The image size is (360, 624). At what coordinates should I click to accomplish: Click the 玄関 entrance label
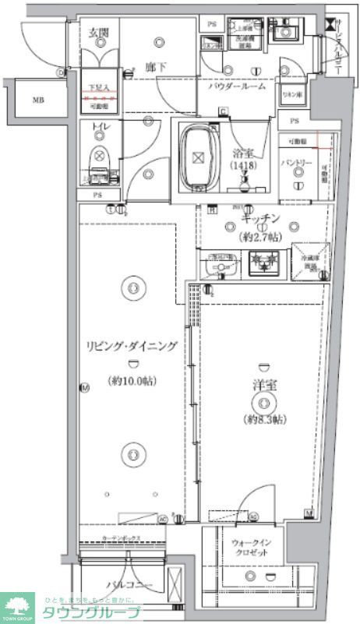click(x=97, y=33)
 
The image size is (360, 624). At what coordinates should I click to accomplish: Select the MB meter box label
click(x=37, y=100)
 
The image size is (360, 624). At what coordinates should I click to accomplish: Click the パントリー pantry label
click(x=296, y=164)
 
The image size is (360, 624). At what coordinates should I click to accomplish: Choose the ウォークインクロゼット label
click(x=250, y=547)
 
